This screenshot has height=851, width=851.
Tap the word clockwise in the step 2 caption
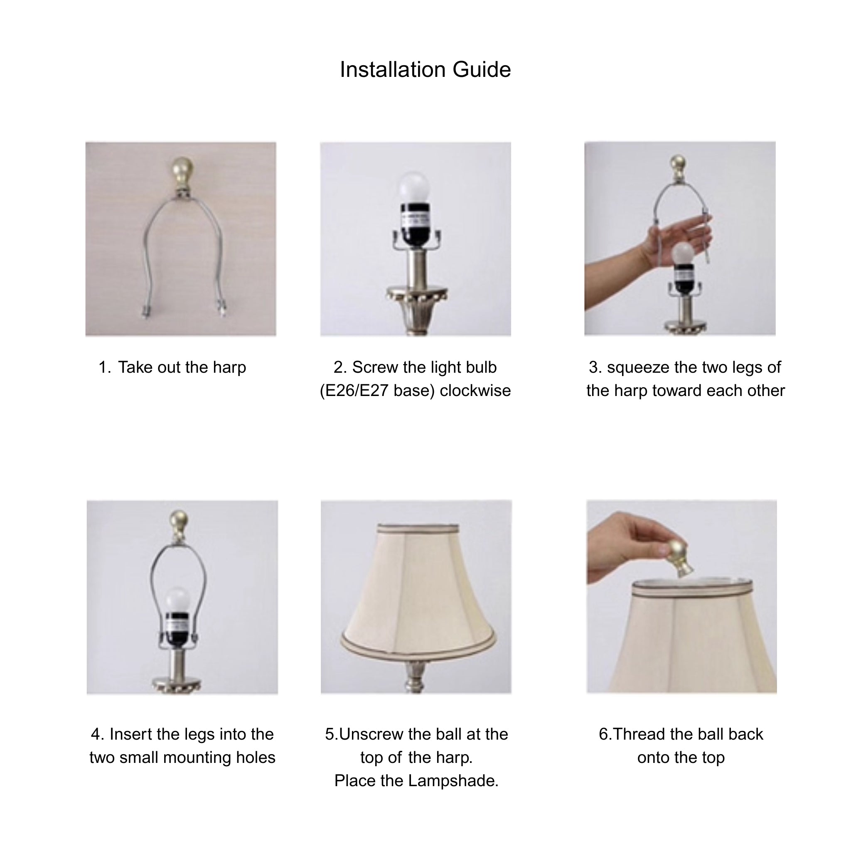(x=475, y=391)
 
